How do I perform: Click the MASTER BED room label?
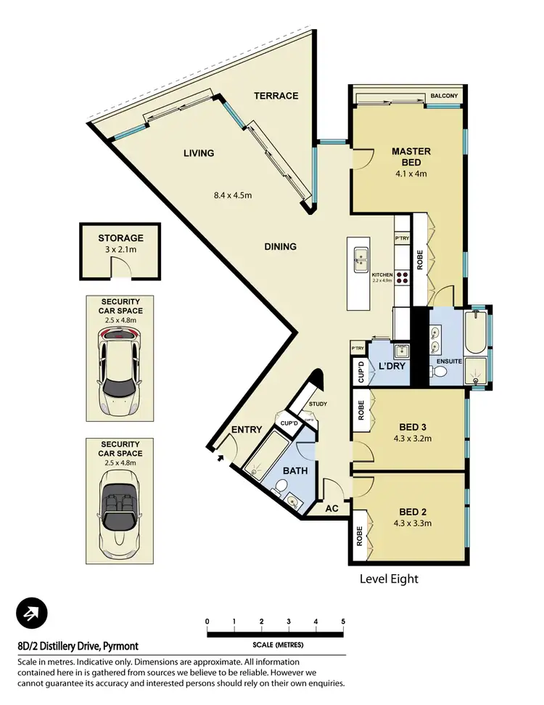point(411,157)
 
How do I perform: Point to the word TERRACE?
point(276,96)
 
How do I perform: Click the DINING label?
point(280,247)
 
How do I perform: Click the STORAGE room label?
point(121,237)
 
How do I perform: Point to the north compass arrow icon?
point(32,614)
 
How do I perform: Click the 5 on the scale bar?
point(343,622)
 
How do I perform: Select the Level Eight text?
point(390,579)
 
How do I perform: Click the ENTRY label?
point(246,430)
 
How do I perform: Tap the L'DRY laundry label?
point(391,367)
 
